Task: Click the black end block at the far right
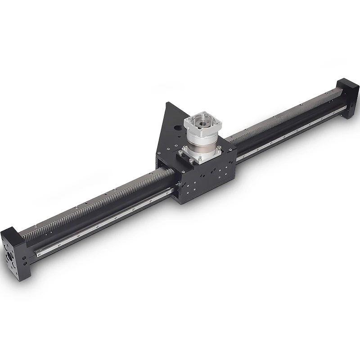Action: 347,97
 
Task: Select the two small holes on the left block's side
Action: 25,261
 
